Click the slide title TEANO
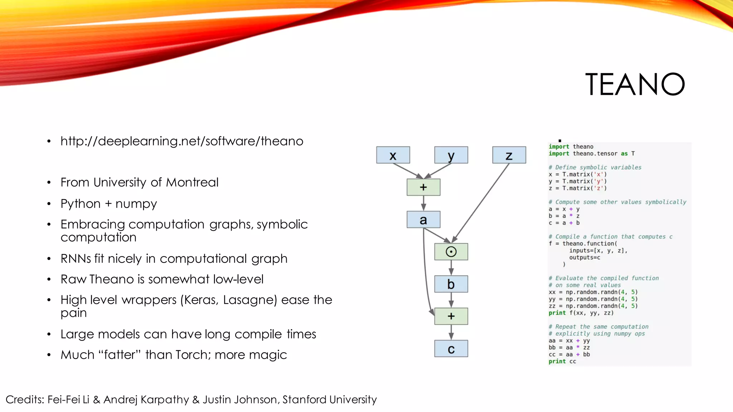635,85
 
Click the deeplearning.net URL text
182,141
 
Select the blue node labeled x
393,155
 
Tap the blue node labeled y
451,155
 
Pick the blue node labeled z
509,155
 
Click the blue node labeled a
423,220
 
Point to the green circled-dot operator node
451,252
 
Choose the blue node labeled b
451,284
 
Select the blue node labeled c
451,349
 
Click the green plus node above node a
423,187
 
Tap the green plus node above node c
451,316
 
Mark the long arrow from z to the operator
481,202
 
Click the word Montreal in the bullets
192,182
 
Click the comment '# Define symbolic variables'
595,167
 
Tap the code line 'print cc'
562,361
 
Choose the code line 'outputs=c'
584,257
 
